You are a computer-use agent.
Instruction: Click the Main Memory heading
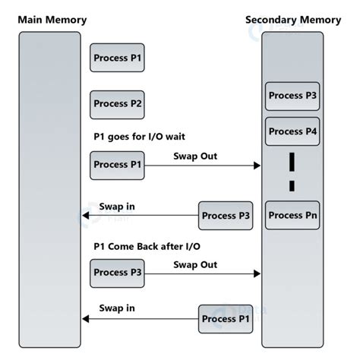tap(52, 19)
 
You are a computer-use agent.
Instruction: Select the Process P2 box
tap(117, 104)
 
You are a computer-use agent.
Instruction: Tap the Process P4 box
tap(292, 131)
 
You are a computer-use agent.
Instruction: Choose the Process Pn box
tap(292, 215)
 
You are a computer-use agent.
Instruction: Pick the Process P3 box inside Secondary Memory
tap(292, 96)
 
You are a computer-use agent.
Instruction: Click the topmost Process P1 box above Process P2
tap(117, 58)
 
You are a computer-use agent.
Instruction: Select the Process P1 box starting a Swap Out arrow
tap(117, 165)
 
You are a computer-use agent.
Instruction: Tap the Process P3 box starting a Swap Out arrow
tap(117, 273)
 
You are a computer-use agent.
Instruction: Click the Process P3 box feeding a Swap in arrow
tap(226, 216)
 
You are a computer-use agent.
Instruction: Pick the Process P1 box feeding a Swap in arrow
tap(226, 319)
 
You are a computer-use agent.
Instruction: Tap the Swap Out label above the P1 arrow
tap(195, 156)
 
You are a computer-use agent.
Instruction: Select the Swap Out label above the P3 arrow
tap(195, 264)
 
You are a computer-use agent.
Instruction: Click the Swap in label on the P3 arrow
tap(117, 207)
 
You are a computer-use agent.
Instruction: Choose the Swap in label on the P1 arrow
tap(117, 308)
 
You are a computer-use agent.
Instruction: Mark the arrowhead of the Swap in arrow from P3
tap(86, 216)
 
